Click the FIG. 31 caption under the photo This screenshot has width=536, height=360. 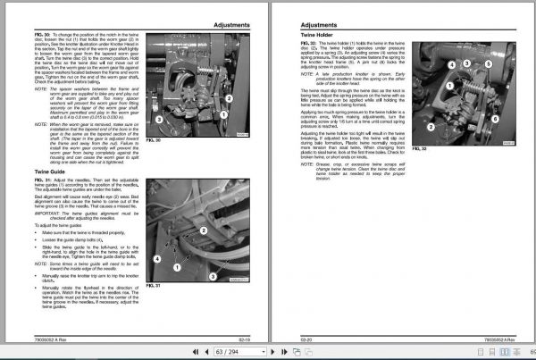[153, 286]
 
